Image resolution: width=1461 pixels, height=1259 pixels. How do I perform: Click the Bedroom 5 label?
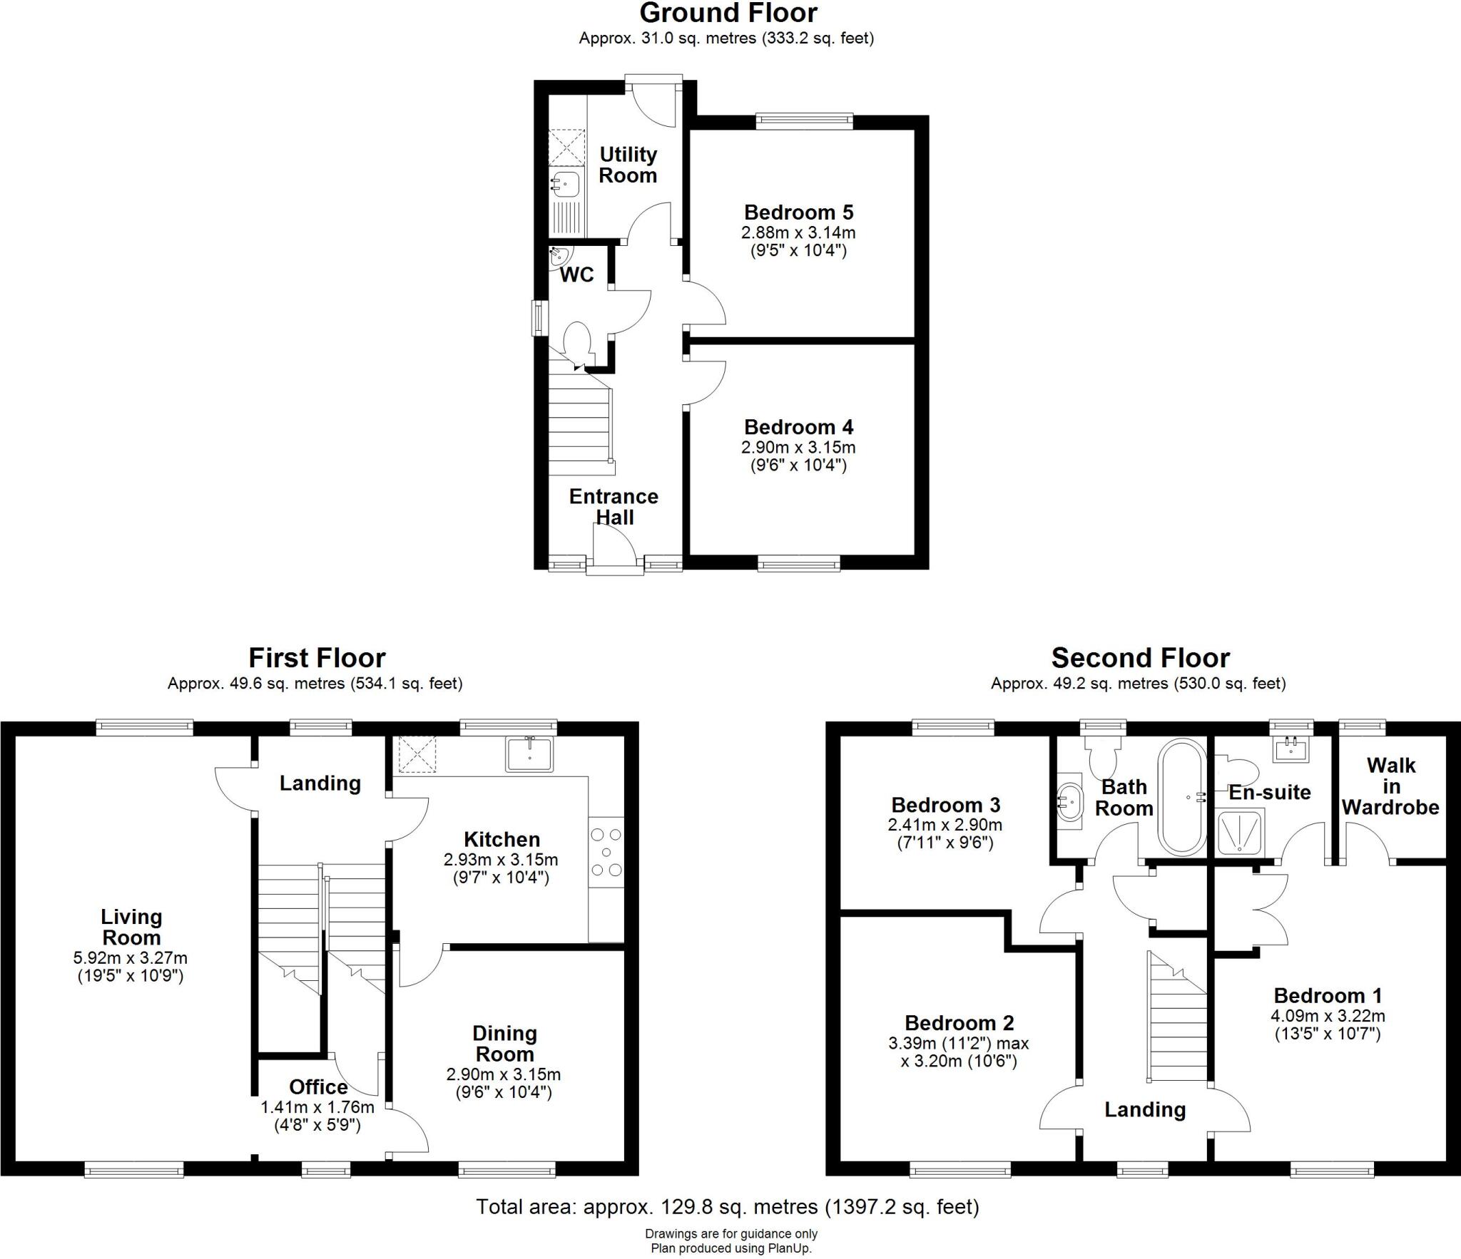[x=798, y=212]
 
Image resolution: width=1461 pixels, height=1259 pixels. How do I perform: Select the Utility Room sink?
[x=566, y=184]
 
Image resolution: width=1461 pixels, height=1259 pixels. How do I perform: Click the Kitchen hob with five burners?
[x=606, y=852]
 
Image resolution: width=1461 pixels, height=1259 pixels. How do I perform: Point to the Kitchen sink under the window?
[x=529, y=754]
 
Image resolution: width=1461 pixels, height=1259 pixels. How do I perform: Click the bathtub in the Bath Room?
[x=1182, y=796]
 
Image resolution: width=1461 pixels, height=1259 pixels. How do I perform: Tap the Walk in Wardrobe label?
[x=1390, y=786]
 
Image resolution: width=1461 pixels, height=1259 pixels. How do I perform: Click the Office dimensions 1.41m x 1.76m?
[x=317, y=1107]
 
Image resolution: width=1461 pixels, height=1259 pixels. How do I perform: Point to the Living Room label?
[x=131, y=927]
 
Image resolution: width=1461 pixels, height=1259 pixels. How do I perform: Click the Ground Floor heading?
[x=728, y=13]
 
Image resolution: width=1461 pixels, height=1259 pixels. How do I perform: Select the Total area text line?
[x=727, y=1206]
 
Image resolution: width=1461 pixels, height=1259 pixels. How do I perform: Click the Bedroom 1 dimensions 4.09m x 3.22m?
[x=1328, y=1016]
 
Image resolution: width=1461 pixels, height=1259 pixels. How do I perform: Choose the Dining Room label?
[x=504, y=1043]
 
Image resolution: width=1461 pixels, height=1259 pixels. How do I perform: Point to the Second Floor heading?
[x=1140, y=657]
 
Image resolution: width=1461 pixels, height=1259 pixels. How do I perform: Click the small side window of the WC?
[x=539, y=318]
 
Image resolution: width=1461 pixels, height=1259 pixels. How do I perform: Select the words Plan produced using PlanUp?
[x=730, y=1248]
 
